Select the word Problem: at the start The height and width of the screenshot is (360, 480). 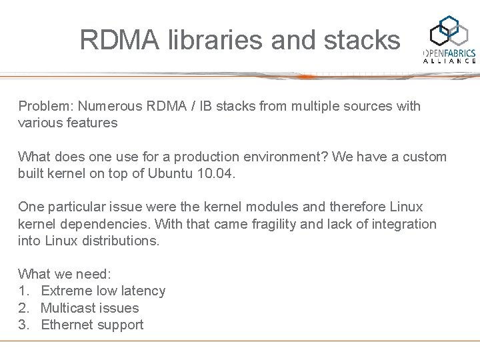tap(46, 106)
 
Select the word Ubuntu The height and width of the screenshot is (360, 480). tap(172, 173)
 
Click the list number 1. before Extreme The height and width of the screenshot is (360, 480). tap(23, 291)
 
